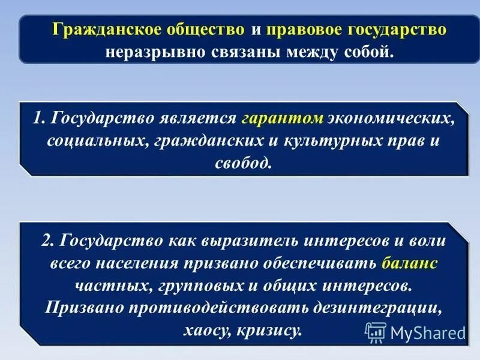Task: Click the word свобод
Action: [x=242, y=163]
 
